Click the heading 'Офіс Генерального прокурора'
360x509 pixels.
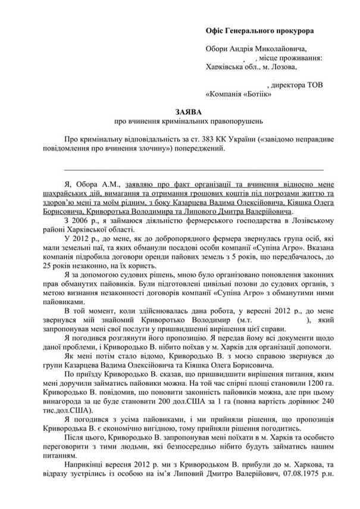[x=265, y=30]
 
